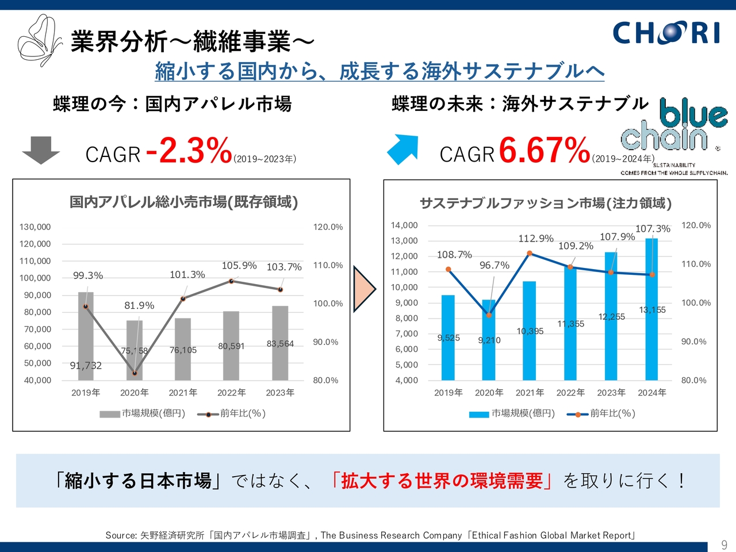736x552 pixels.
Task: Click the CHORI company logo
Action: tap(666, 33)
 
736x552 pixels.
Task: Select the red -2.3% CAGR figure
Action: tap(189, 151)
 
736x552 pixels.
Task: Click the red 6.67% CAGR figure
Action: tap(544, 151)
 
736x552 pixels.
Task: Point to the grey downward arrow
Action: tap(40, 149)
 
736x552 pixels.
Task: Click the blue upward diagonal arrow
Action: tap(402, 149)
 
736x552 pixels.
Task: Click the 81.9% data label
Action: tap(139, 305)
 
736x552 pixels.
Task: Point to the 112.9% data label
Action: tap(536, 239)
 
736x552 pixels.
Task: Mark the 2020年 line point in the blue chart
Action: tap(489, 315)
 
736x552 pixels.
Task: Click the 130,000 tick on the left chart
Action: tap(35, 227)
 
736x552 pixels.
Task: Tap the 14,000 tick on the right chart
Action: tap(404, 225)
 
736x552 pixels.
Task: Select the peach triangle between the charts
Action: tap(363, 289)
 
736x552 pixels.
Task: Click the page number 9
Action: tap(724, 545)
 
